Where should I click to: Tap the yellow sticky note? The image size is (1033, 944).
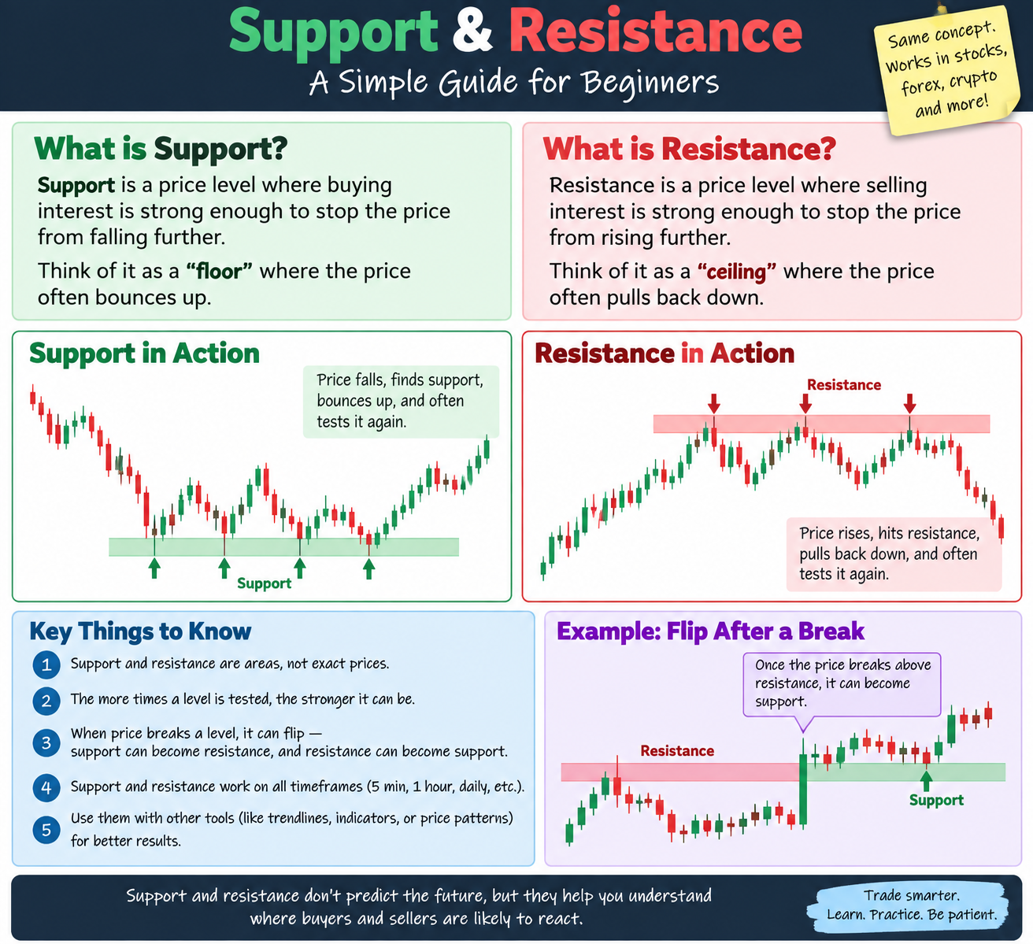(x=947, y=70)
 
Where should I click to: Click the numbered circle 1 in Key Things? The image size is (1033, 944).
(x=46, y=665)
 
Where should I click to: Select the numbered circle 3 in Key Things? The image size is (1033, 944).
(x=46, y=742)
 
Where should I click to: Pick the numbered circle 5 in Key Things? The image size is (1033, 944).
(x=46, y=830)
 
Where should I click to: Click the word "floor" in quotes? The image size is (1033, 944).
(x=219, y=272)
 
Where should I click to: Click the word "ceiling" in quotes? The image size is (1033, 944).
(x=736, y=272)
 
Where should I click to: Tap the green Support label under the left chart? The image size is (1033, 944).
(x=265, y=583)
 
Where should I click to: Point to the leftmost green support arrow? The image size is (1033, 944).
(x=154, y=568)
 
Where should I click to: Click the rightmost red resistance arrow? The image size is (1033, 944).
(x=910, y=403)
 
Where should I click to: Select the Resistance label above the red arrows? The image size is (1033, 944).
(x=843, y=385)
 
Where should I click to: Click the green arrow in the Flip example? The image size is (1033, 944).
(x=927, y=780)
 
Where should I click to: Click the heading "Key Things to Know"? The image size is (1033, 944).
(x=140, y=631)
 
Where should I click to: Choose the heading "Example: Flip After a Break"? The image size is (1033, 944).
(x=711, y=631)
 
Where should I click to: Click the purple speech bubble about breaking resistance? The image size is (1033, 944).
(x=842, y=684)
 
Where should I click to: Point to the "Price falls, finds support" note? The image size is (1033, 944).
(x=401, y=402)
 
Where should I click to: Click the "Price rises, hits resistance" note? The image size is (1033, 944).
(x=894, y=554)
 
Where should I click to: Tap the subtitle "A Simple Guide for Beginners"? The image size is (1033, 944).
(x=514, y=83)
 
